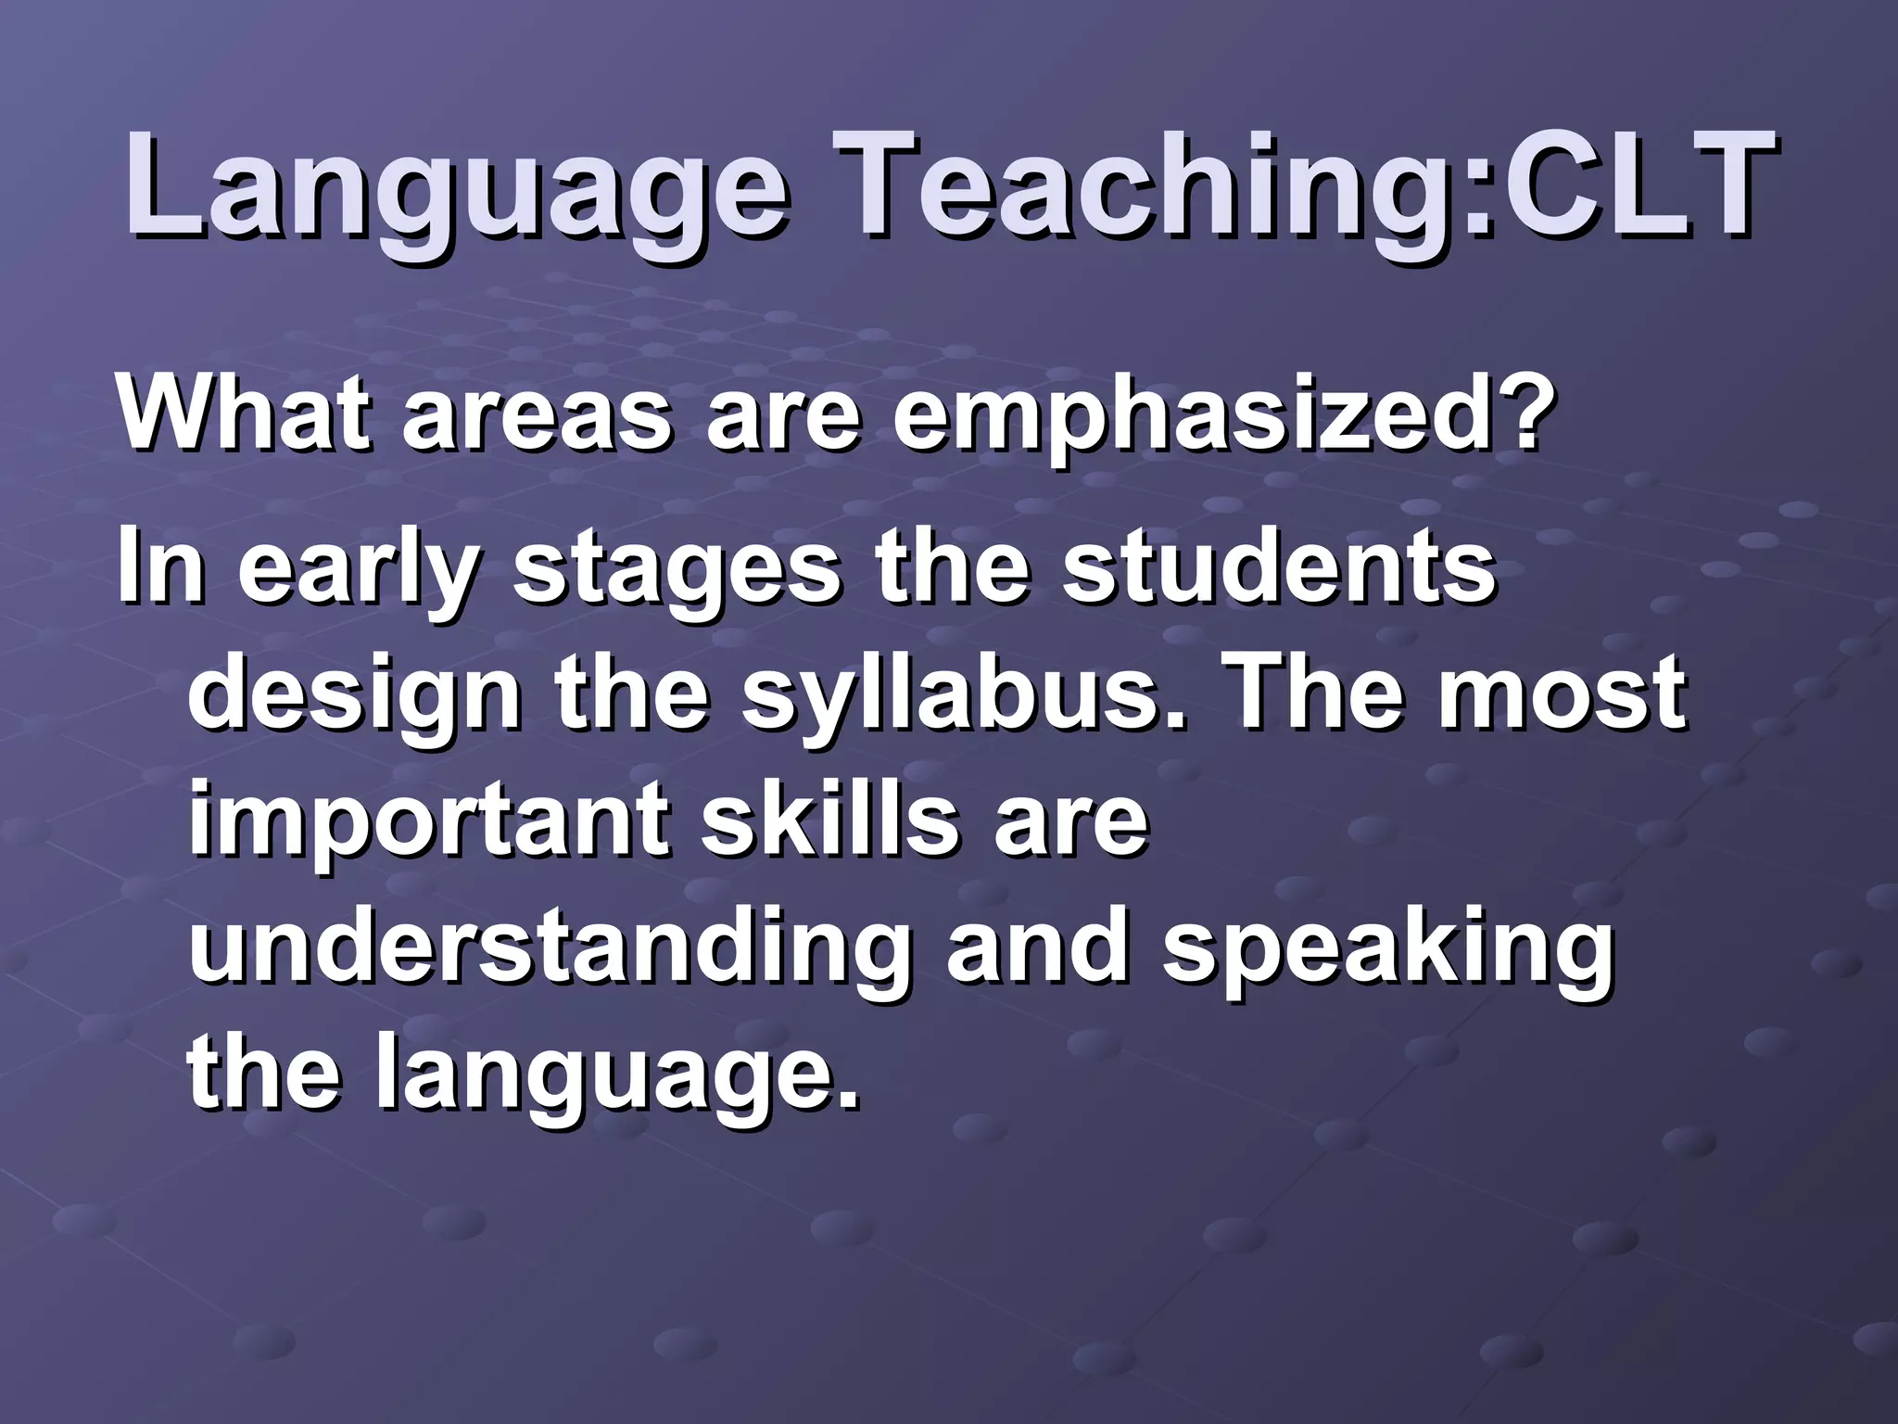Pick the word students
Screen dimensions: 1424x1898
pyautogui.click(x=1279, y=564)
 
